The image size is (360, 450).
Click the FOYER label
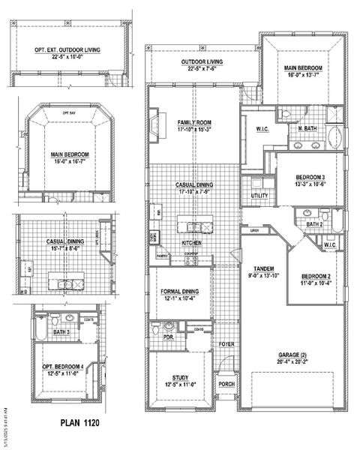226,344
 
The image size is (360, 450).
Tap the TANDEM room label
262,268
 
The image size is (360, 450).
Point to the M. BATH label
307,129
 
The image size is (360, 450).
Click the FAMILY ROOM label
194,121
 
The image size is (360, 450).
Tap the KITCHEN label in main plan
192,243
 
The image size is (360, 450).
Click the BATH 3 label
62,331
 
